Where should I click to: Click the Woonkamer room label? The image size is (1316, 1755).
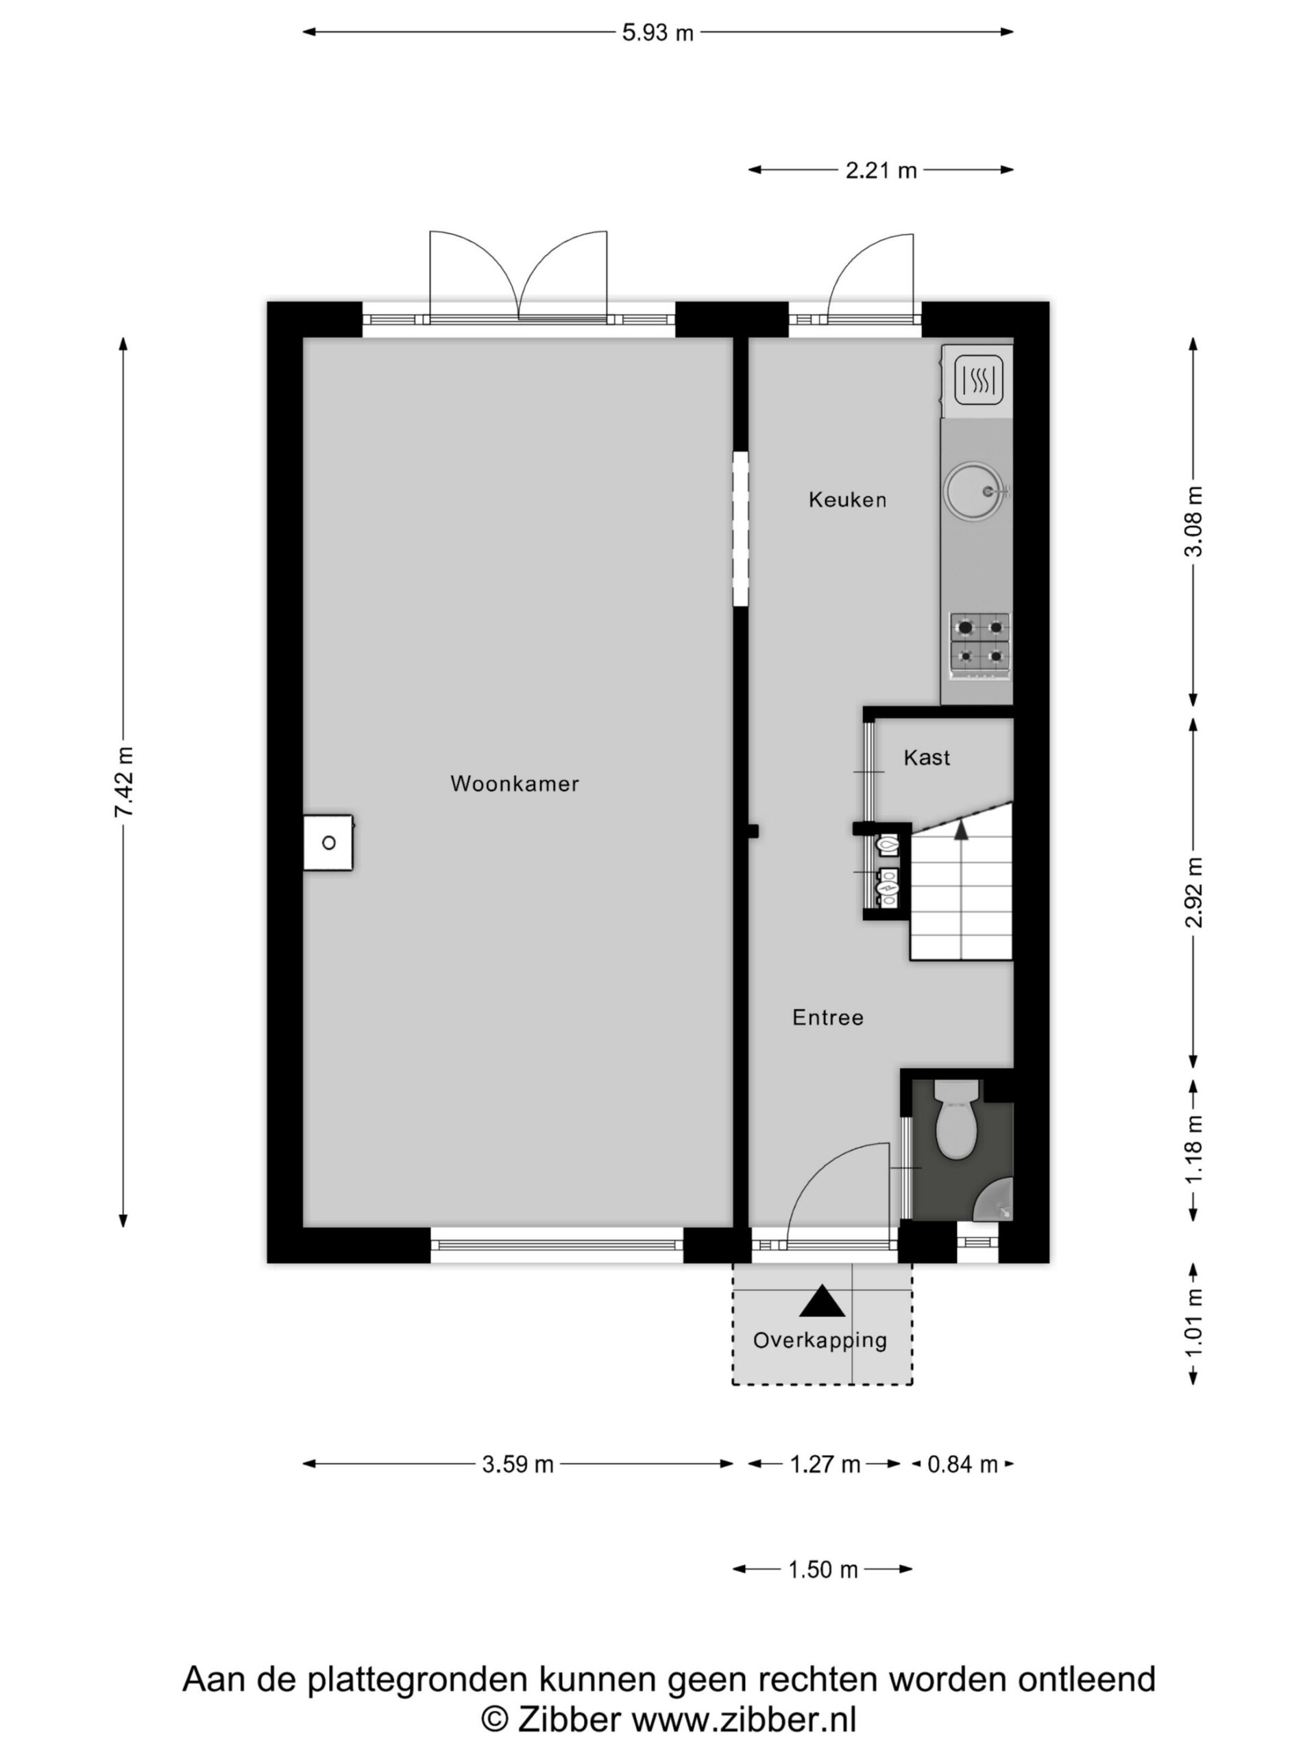pos(514,784)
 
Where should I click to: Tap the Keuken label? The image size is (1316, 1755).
pos(847,500)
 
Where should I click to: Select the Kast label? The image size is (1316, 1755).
pos(927,758)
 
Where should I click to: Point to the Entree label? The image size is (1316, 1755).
pos(827,1018)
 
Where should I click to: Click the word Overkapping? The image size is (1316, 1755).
pos(820,1340)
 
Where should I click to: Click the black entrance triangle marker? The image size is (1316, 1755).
pos(822,1301)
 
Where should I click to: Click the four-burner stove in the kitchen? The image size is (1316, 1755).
pos(980,646)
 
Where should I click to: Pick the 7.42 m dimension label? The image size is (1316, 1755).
pos(125,782)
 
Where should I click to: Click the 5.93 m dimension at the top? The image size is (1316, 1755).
pos(657,32)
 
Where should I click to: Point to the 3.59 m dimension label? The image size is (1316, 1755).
pos(517,1464)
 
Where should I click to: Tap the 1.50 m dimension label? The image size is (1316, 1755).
pos(822,1569)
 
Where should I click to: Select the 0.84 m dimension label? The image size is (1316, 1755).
pos(962,1464)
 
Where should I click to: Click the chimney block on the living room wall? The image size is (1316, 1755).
pos(328,843)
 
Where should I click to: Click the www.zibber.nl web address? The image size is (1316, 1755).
pos(744,1719)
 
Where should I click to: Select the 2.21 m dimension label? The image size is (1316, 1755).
pos(881,170)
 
